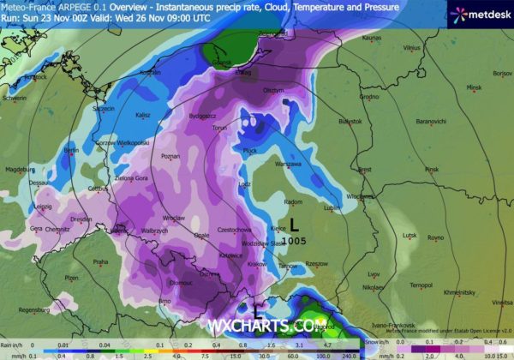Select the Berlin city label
71,150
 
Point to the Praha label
100,261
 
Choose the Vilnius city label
413,48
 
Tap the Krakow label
255,264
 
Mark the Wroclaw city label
174,219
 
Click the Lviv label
374,274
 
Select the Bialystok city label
350,122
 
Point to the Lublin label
332,207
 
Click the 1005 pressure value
294,242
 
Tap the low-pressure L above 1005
294,226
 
